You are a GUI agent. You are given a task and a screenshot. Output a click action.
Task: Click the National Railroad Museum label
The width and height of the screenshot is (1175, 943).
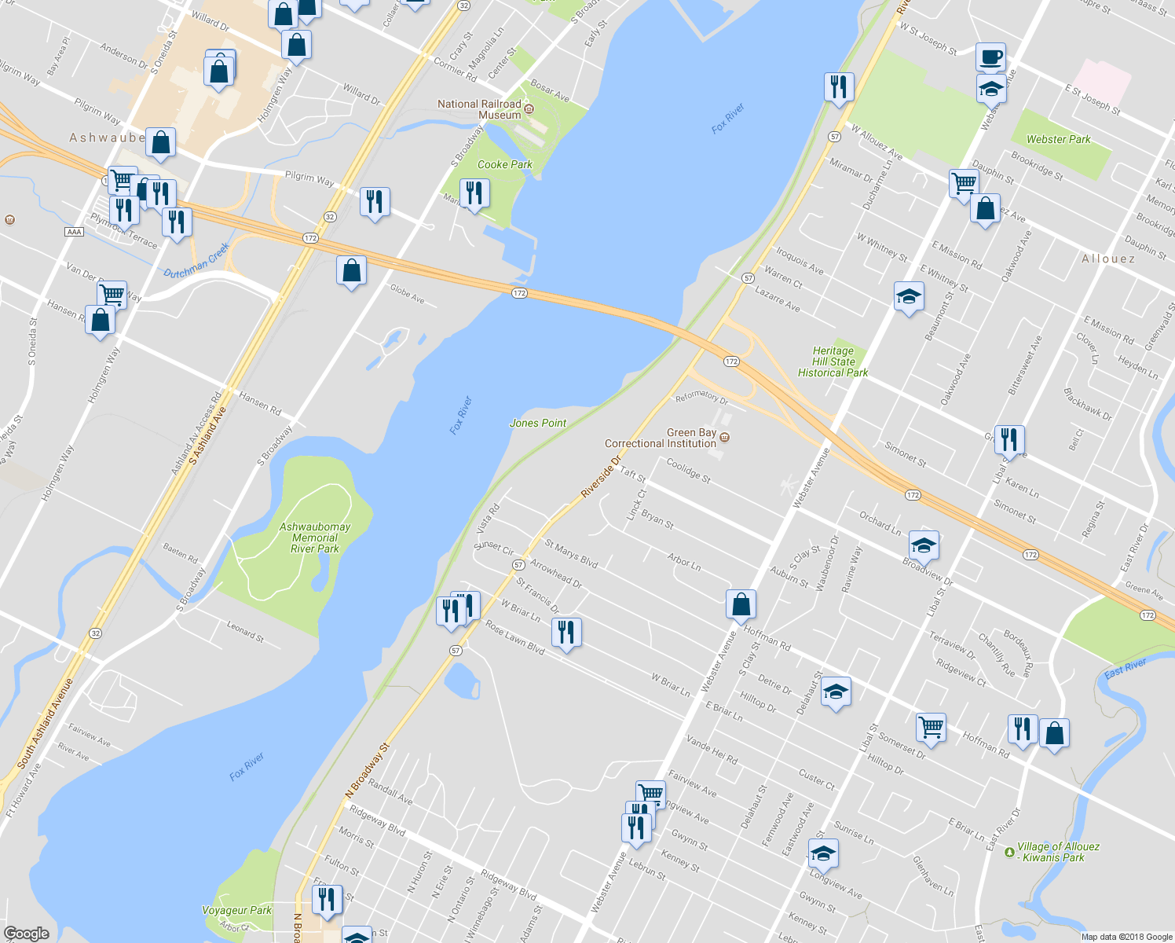pos(479,109)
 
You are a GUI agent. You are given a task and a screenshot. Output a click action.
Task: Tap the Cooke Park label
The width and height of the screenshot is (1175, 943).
pos(504,164)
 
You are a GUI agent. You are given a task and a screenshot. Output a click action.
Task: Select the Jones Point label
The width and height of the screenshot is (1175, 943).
pos(538,423)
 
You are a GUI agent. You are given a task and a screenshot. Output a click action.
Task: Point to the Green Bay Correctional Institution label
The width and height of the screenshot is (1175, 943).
pos(661,438)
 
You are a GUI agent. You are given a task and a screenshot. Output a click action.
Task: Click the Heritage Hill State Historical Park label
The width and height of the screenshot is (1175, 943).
pos(833,362)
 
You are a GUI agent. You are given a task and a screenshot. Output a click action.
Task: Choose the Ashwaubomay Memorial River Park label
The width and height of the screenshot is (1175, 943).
pos(315,538)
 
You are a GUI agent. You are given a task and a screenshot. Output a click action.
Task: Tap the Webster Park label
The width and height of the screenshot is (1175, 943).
pos(1058,139)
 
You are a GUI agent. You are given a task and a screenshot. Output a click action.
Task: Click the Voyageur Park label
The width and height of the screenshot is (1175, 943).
pos(236,910)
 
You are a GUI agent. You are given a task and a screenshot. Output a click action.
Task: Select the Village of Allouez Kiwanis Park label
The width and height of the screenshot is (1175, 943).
pos(1058,852)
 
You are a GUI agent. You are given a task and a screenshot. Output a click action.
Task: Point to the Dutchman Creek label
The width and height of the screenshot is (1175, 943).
pos(196,261)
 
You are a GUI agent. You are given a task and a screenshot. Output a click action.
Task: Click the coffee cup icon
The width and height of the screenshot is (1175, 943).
pos(991,57)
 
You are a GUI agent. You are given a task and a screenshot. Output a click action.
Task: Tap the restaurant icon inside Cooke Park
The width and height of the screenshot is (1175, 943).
pos(474,193)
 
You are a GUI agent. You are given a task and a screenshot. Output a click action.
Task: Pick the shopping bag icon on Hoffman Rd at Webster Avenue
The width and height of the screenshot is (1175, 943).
pos(741,604)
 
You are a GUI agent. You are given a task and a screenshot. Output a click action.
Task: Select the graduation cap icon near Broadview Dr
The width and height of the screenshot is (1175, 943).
pos(924,545)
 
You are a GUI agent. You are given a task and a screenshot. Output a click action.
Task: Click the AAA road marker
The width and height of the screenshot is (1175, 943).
pos(75,232)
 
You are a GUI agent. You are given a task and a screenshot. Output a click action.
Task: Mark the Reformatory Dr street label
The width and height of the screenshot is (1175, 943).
pos(701,397)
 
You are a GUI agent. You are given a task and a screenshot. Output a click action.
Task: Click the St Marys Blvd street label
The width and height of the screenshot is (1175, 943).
pos(571,553)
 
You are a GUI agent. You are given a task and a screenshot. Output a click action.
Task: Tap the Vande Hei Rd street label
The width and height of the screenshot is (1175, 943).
pos(712,750)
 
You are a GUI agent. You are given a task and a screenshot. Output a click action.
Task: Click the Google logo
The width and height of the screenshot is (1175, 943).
pos(27,933)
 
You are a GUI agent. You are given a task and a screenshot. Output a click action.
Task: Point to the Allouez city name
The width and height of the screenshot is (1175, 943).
pos(1108,259)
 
